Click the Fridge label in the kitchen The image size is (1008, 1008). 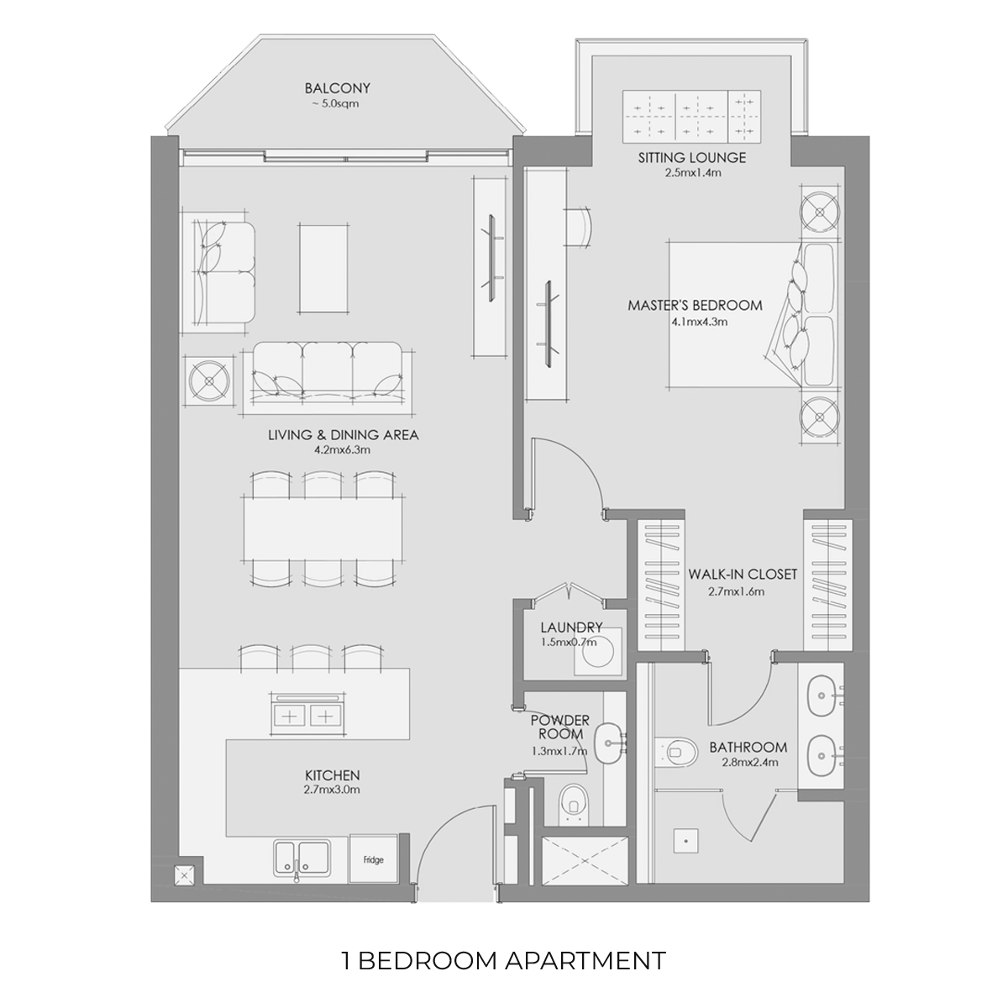[x=374, y=860]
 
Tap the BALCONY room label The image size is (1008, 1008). [x=338, y=88]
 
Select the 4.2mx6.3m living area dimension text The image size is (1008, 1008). [x=342, y=450]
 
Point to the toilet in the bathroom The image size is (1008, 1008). [x=676, y=752]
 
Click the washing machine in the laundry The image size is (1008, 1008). [x=598, y=652]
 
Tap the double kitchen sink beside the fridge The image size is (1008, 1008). [x=302, y=858]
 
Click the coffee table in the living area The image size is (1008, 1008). [x=323, y=269]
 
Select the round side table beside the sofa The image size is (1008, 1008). [x=209, y=381]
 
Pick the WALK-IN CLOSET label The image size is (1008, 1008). [x=743, y=575]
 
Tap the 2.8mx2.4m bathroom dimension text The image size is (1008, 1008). [x=749, y=762]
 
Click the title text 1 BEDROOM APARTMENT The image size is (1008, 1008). [x=504, y=960]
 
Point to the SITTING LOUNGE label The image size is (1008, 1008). [x=692, y=157]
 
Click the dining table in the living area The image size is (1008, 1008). [x=323, y=528]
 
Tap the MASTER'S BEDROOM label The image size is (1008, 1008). [x=696, y=306]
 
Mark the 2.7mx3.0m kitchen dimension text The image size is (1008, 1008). [x=332, y=790]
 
